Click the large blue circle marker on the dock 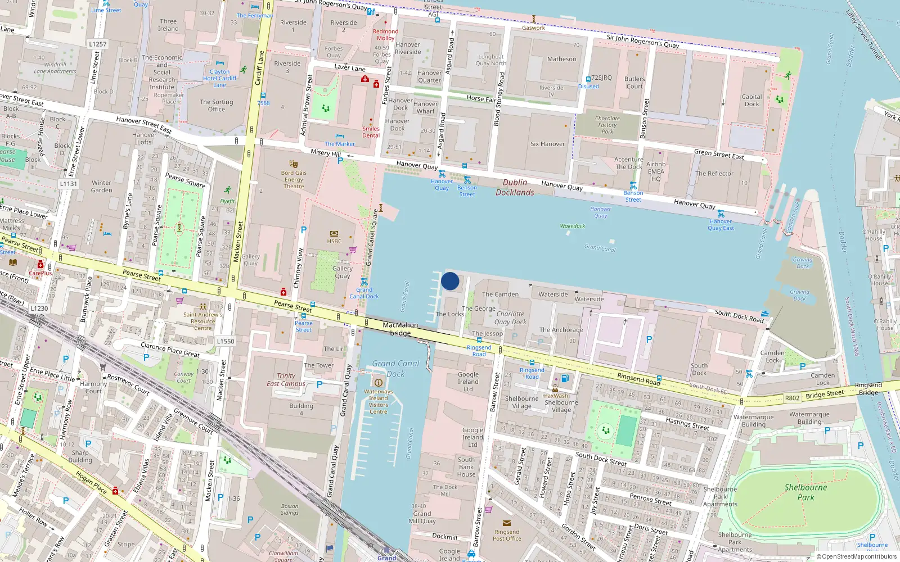(x=450, y=281)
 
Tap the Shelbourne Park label (x=805, y=492)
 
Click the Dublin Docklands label (x=515, y=187)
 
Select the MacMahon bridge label (x=400, y=329)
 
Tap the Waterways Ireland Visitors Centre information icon (x=378, y=383)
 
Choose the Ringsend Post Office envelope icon (x=507, y=523)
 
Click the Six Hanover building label (x=547, y=144)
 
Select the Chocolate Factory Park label (x=607, y=125)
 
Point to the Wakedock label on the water (x=573, y=226)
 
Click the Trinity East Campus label (x=286, y=380)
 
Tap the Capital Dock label (x=751, y=100)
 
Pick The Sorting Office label (x=216, y=106)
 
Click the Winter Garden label (x=102, y=187)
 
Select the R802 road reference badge (x=792, y=398)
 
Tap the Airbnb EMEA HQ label (x=656, y=171)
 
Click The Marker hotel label (x=340, y=144)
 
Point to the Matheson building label (x=561, y=59)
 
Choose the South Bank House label (x=466, y=467)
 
